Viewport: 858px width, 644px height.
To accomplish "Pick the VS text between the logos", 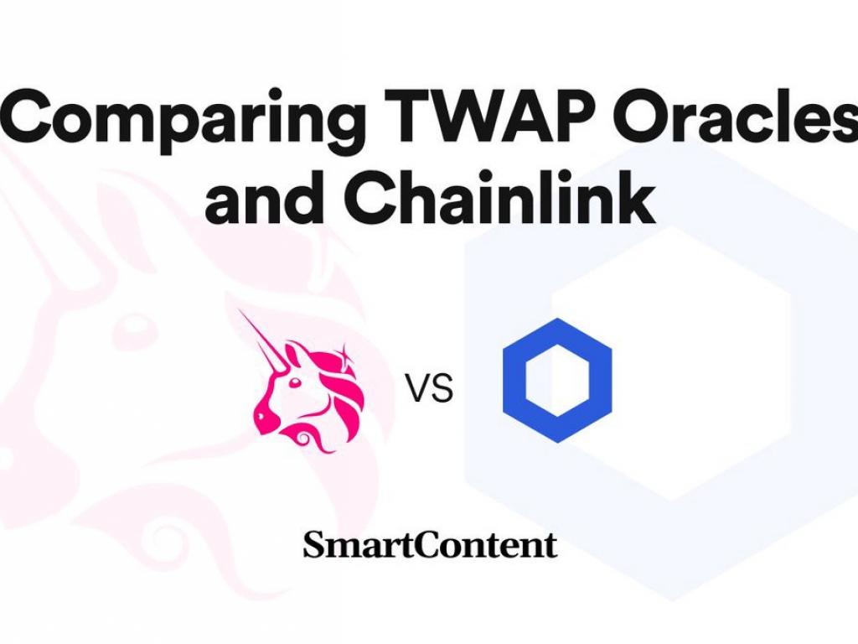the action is [429, 388].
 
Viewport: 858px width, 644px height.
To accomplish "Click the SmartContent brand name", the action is [430, 545].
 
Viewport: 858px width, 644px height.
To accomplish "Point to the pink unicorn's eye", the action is [295, 382].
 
